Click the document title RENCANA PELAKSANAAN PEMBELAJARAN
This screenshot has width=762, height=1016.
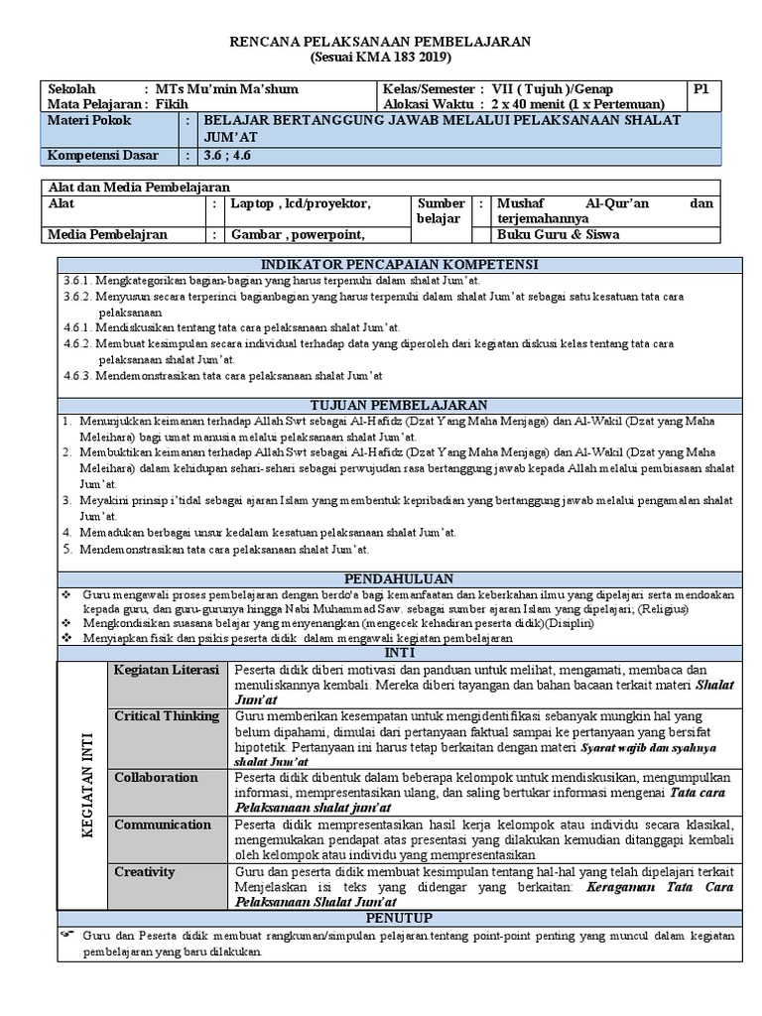click(381, 41)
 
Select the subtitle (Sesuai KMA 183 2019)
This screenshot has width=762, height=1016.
click(381, 57)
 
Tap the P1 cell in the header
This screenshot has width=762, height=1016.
click(701, 89)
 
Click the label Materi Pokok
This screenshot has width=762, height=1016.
click(89, 120)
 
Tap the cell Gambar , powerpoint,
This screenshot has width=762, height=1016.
click(292, 234)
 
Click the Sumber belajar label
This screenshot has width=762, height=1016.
click(441, 210)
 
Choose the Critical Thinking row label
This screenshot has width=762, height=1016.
click(166, 716)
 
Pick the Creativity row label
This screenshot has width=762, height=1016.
click(145, 871)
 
